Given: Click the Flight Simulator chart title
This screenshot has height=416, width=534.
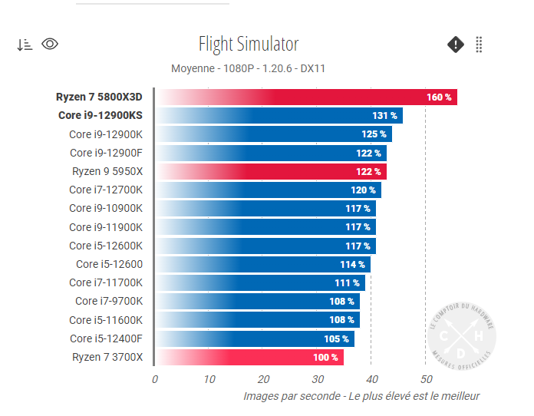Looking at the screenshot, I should [x=249, y=44].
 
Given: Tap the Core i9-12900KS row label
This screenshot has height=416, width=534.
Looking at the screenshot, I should [x=101, y=116].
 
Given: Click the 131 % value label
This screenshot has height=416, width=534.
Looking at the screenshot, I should [x=384, y=116].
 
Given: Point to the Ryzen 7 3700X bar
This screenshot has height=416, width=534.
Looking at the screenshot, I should [x=249, y=358].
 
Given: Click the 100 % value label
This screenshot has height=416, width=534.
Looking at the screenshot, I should [x=325, y=358].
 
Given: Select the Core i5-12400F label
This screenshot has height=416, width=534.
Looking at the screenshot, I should [x=106, y=338].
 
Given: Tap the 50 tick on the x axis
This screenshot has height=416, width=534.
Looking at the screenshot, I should [x=427, y=379].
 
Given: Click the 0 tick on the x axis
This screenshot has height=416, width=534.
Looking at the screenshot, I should [x=155, y=379].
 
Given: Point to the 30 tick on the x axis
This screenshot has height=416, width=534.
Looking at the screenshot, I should [x=318, y=379].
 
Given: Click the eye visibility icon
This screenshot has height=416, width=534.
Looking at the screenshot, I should [x=50, y=44].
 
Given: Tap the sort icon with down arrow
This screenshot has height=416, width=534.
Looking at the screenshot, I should [x=25, y=45].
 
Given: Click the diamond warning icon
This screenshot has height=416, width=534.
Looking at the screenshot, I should [x=456, y=45].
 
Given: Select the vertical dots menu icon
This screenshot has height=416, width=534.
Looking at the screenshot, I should [x=479, y=45].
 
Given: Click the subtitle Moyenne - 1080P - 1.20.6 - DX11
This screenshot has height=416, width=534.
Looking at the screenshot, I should [x=249, y=68].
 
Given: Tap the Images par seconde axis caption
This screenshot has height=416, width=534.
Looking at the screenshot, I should [x=361, y=396].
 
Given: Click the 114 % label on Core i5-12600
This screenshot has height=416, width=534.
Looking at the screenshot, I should [x=352, y=265].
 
